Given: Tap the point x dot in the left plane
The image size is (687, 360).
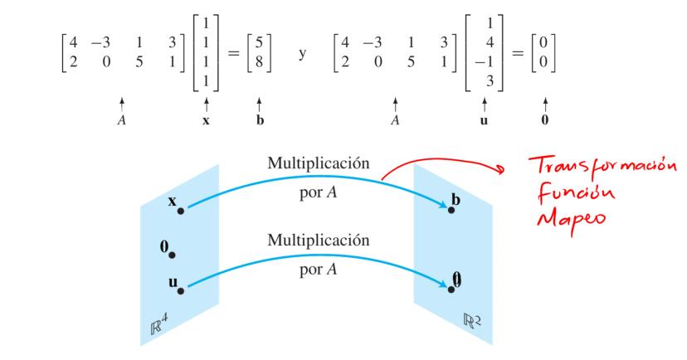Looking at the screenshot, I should coord(180,211).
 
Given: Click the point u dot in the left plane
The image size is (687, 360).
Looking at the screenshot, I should coord(180,291).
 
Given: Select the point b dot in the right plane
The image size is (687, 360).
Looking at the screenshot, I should coord(451,211).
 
